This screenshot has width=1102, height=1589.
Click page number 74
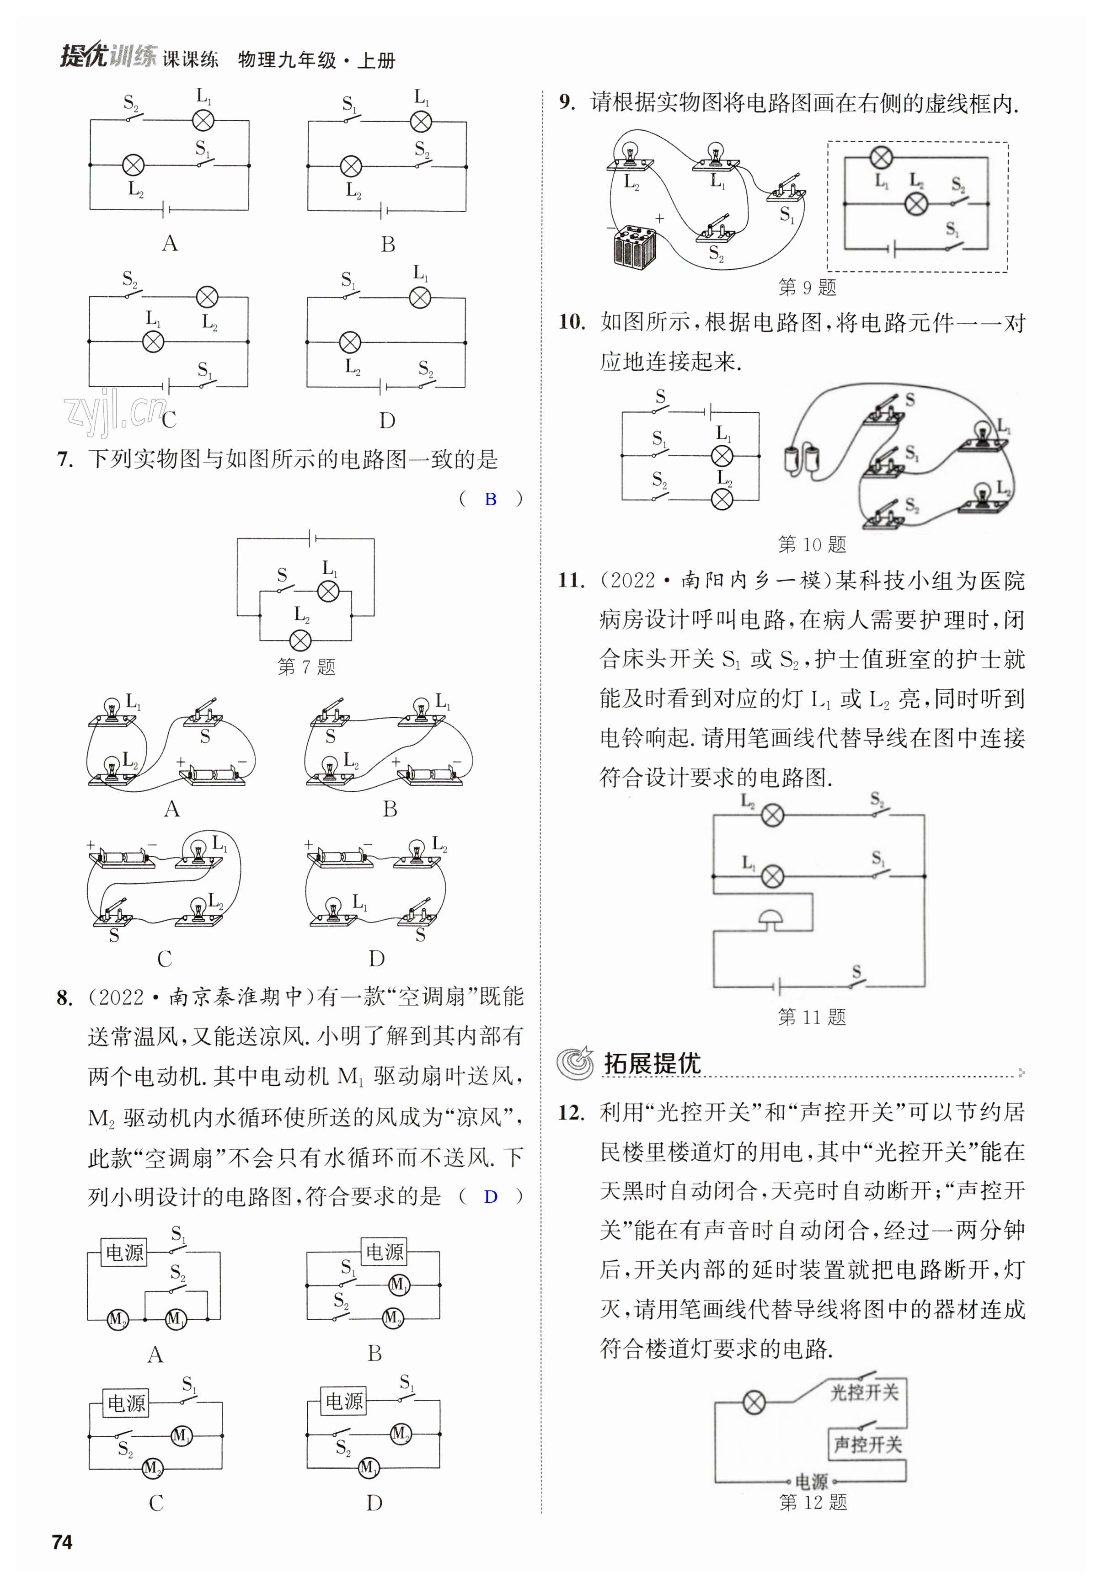point(62,1542)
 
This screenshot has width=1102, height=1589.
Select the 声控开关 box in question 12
point(867,1445)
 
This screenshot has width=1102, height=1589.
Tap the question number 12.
point(572,1112)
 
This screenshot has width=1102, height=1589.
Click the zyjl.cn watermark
point(114,411)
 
